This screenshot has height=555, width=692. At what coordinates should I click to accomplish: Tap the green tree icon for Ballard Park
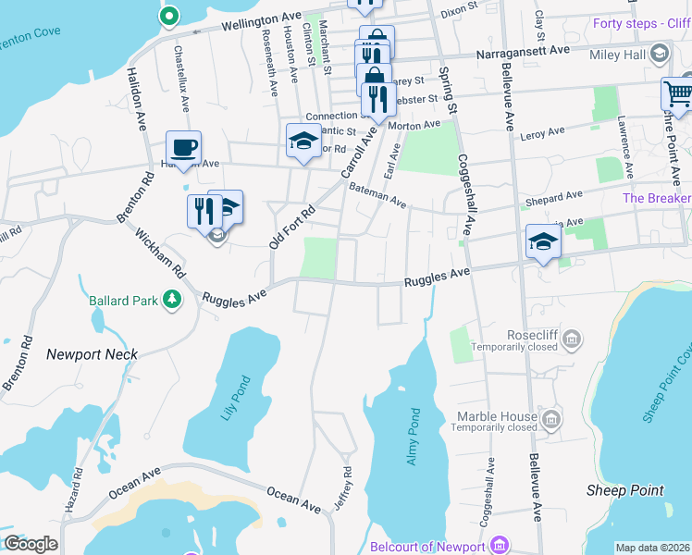(x=172, y=299)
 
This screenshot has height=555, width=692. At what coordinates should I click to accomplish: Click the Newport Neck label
(x=92, y=354)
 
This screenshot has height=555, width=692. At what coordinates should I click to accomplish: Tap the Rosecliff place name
(x=529, y=335)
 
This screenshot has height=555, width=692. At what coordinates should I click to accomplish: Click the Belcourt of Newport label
(x=428, y=547)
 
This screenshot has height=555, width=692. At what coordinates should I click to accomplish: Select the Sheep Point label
(x=625, y=490)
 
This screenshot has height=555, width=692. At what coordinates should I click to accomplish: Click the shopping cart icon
(x=677, y=94)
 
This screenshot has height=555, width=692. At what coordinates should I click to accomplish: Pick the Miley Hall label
(x=620, y=55)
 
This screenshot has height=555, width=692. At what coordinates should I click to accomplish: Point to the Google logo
(x=31, y=544)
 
